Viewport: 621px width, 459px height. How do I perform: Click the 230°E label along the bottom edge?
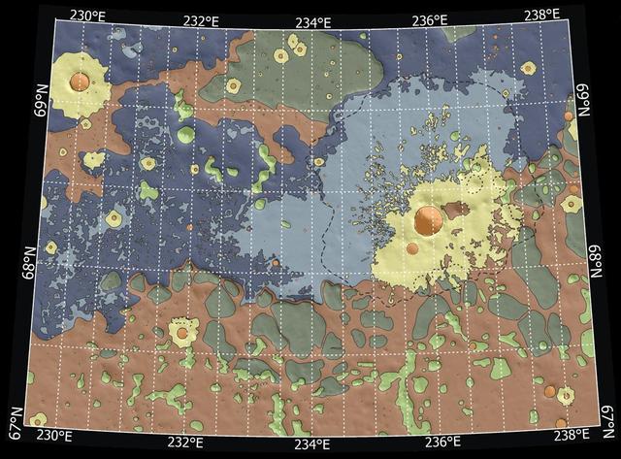52,435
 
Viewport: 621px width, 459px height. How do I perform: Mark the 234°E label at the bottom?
312,445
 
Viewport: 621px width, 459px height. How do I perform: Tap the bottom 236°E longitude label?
442,443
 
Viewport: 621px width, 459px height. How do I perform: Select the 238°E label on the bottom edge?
572,434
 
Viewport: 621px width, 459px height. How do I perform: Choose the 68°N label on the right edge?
597,260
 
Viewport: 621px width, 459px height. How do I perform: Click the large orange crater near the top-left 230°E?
79,79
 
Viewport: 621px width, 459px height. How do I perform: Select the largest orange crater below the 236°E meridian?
426,220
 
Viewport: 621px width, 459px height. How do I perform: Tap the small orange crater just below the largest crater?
412,248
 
